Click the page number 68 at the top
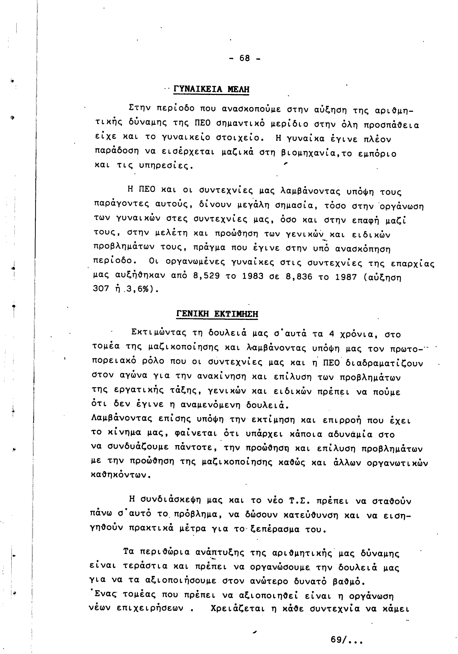click(245, 58)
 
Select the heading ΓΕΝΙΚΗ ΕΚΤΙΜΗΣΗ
click(217, 314)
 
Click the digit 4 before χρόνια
click(331, 333)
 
